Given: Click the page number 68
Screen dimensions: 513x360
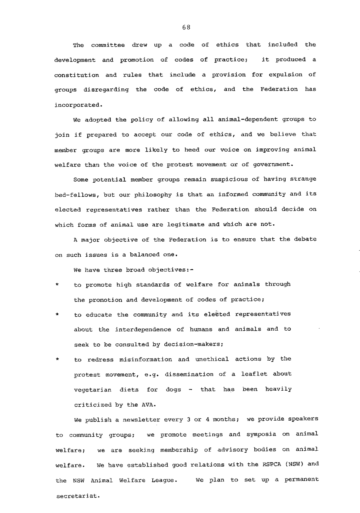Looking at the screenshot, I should click(x=186, y=28).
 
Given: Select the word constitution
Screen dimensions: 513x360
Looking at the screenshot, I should click(x=76, y=75).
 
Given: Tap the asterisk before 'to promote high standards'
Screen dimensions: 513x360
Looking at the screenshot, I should click(x=58, y=285).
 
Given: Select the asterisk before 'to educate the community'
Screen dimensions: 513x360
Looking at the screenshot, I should click(x=58, y=315).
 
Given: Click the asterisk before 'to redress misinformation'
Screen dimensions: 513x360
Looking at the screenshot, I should click(x=58, y=360).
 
